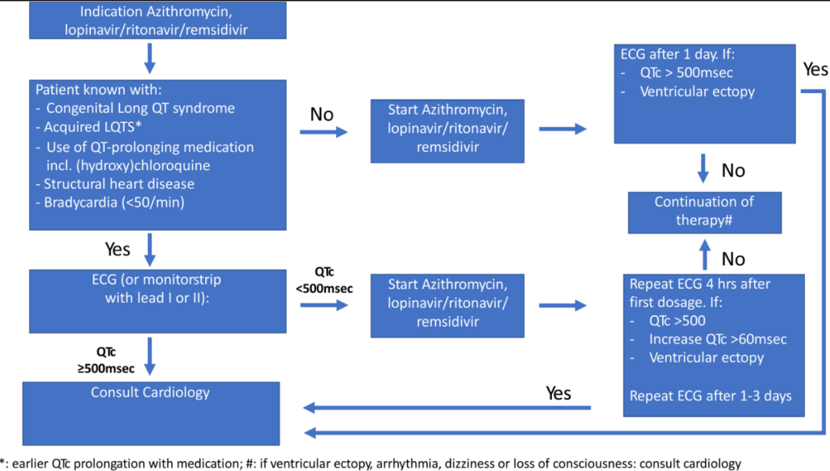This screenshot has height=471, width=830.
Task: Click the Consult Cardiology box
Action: [x=151, y=413]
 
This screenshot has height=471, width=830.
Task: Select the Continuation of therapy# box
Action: [x=704, y=212]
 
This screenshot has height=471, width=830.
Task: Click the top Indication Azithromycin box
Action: [x=158, y=20]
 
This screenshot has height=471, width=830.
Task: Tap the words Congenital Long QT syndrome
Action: [x=140, y=108]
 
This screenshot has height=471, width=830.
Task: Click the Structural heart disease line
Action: [x=115, y=184]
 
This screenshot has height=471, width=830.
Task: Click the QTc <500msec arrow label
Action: [x=324, y=280]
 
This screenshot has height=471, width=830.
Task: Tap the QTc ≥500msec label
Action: [x=106, y=360]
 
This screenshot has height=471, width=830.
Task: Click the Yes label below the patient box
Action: [x=118, y=249]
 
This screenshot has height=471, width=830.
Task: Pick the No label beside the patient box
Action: [x=322, y=114]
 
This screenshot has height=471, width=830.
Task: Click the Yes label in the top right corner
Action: [x=815, y=70]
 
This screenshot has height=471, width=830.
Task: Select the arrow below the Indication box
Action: [x=150, y=58]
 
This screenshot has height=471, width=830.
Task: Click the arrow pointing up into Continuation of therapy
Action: [x=704, y=255]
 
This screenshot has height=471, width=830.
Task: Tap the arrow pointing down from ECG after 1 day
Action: [x=703, y=169]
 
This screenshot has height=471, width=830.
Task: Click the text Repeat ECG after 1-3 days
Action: [x=710, y=396]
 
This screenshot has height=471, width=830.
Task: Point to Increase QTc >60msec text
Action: [x=718, y=339]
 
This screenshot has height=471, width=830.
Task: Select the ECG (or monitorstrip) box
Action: [x=158, y=301]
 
